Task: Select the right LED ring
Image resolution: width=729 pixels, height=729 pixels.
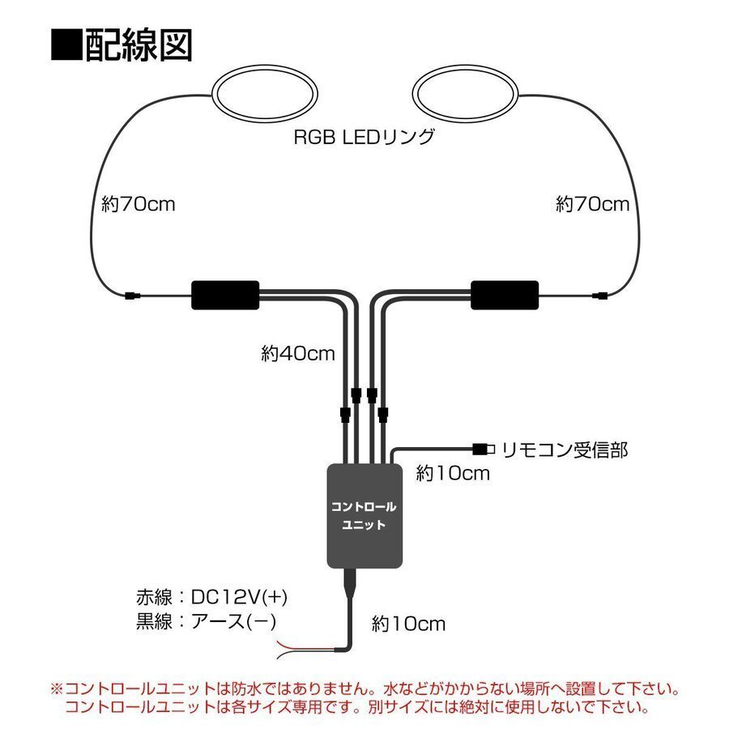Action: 467,95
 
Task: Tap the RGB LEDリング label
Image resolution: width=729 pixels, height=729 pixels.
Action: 364,137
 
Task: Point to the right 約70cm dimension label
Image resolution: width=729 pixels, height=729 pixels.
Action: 593,204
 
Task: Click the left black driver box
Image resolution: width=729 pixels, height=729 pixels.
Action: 225,295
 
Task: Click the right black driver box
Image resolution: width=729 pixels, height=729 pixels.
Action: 505,295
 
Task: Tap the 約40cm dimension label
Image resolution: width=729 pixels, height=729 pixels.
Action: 298,353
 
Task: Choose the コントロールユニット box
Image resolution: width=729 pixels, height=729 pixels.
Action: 364,515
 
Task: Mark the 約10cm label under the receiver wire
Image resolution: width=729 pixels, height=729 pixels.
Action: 453,474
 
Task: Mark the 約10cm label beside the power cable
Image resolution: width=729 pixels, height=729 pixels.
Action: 409,624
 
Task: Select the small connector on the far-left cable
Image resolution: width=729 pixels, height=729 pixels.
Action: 132,295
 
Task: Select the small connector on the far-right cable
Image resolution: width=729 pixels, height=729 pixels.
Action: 599,295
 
